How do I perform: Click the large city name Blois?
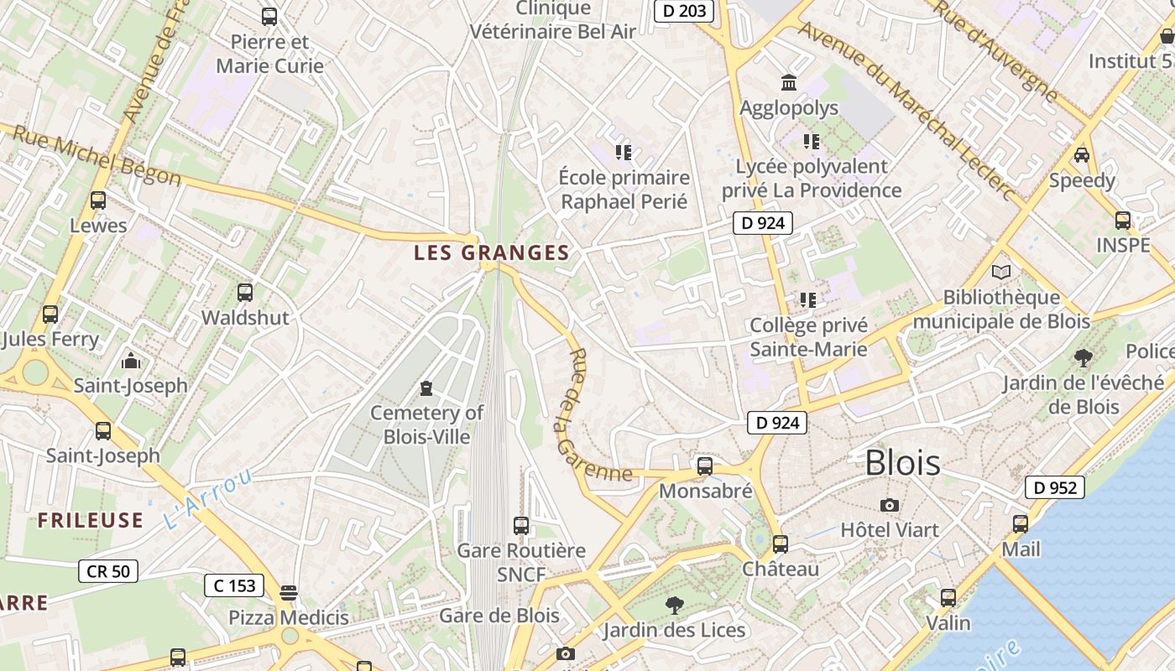coord(902,462)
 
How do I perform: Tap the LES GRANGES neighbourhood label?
coord(492,252)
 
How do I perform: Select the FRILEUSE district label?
coord(90,520)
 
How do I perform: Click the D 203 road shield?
coord(684,11)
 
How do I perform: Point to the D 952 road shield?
coord(1054,487)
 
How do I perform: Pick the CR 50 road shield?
coord(108,571)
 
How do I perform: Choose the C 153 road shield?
coord(234,585)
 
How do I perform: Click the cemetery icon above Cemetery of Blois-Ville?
coord(426,388)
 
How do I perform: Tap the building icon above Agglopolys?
coord(789,83)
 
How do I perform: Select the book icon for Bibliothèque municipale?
coord(1001,272)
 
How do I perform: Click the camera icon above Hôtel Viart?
coord(890,505)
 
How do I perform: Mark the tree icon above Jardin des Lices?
coord(673,605)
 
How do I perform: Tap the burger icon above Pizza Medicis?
coord(289,593)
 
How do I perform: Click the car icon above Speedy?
coord(1082,155)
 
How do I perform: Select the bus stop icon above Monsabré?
coord(705,466)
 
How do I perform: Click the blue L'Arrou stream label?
coord(207,498)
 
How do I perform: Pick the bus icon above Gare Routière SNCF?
coord(521,526)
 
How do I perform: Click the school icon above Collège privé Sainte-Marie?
coord(808,299)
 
